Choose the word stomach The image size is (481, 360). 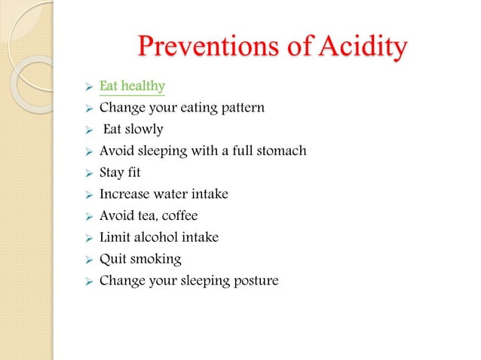click(280, 151)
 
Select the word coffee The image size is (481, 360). click(180, 216)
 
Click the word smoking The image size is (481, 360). click(158, 260)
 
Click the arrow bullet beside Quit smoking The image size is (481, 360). click(88, 260)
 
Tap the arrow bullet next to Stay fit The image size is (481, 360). click(88, 172)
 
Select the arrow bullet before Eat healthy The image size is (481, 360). click(88, 86)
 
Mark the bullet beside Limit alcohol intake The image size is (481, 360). click(88, 238)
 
